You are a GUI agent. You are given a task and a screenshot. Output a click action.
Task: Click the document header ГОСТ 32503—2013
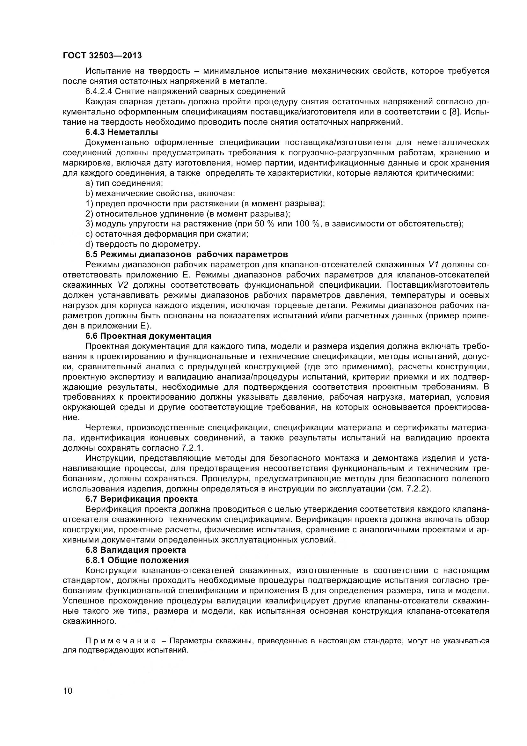(102, 55)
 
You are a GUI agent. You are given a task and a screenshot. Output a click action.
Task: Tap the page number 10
(68, 699)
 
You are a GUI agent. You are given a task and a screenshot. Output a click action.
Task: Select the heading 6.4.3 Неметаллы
(121, 132)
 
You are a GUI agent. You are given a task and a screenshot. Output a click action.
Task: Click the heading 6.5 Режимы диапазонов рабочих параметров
(187, 254)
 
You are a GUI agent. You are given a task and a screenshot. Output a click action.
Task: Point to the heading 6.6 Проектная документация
(148, 336)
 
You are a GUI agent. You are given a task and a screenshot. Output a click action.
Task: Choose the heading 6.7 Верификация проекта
(141, 499)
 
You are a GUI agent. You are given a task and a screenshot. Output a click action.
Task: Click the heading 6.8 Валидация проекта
(135, 550)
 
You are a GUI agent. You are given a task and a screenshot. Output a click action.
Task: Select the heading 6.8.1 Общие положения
(137, 560)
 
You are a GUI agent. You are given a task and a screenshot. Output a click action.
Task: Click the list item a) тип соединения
(124, 183)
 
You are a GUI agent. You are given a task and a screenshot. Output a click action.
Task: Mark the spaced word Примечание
(121, 641)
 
